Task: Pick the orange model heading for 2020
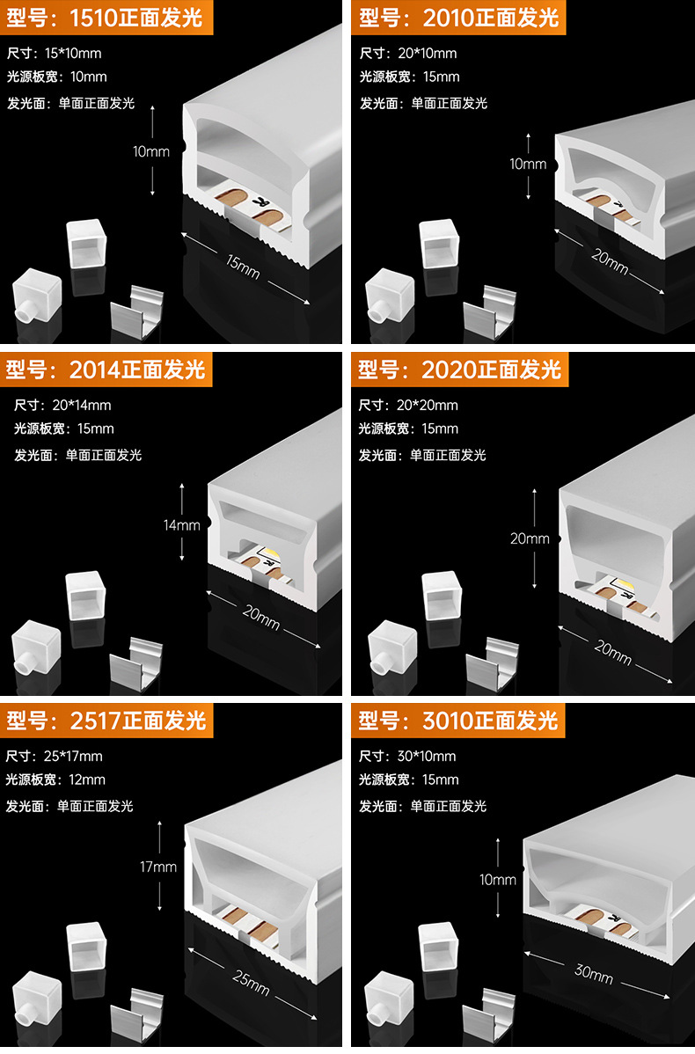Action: (x=459, y=369)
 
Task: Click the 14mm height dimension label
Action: (x=182, y=525)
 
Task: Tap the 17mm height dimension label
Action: (x=158, y=867)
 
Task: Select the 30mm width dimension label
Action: (x=594, y=972)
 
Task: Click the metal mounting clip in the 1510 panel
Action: (x=137, y=312)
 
